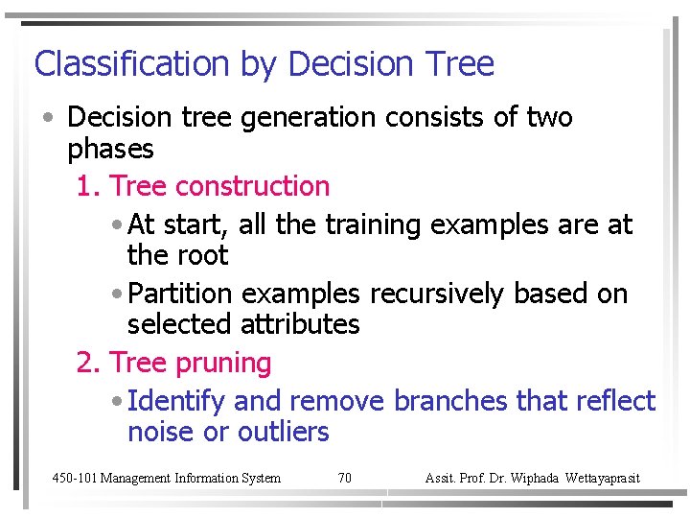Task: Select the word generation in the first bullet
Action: [309, 118]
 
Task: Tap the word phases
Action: [110, 150]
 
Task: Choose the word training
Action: [375, 225]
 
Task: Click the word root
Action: [202, 256]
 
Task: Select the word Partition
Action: [180, 294]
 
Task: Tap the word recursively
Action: [436, 294]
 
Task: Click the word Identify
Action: [175, 401]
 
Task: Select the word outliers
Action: [283, 433]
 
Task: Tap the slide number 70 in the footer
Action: [345, 478]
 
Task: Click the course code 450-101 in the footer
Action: [74, 478]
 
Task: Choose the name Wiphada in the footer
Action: [536, 478]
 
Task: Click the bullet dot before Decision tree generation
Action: [47, 119]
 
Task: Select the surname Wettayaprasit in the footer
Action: [604, 478]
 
